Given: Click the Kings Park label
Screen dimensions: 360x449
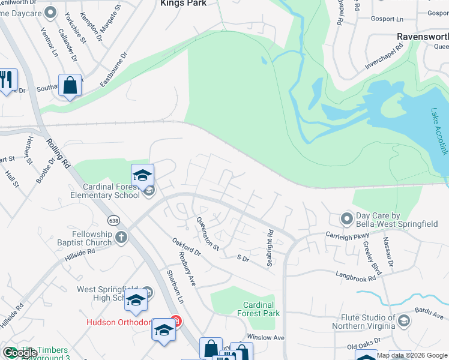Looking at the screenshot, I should [x=183, y=4].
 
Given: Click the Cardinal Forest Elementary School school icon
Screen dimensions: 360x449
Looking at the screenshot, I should [x=142, y=175].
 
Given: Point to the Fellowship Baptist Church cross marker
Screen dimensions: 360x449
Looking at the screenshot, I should [x=121, y=238].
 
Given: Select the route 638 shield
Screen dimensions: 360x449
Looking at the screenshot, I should [x=113, y=221].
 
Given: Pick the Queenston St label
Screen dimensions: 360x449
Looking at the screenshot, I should [x=208, y=233].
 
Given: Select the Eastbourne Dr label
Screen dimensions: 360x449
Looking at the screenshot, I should [x=114, y=69].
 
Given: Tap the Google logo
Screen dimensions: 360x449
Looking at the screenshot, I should [x=20, y=353].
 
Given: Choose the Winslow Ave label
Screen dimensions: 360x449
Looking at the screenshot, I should [x=265, y=337].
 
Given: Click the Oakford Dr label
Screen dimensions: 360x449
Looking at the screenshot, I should [x=185, y=249].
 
